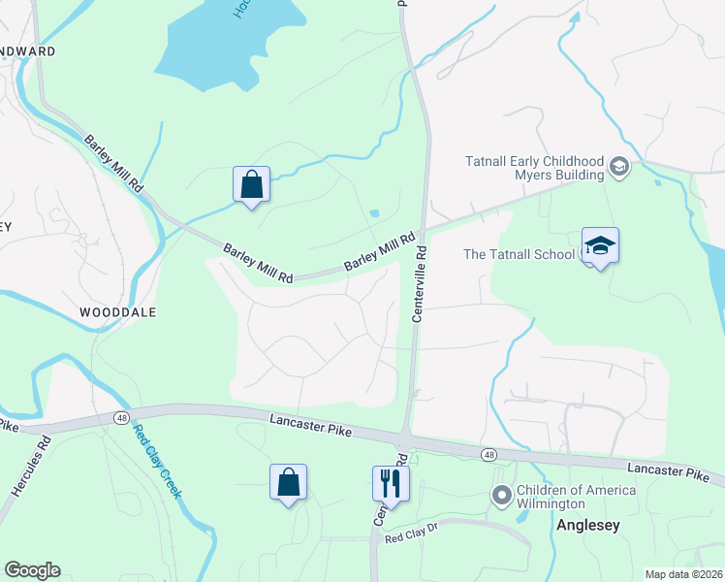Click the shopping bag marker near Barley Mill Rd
[251, 183]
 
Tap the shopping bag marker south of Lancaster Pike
[289, 481]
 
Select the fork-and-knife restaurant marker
[391, 481]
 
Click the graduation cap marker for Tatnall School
[600, 245]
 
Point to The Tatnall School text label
[521, 254]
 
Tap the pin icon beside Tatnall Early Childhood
[618, 168]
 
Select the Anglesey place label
[587, 525]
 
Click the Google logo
[32, 570]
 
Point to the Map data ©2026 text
[683, 574]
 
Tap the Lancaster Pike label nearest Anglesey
[668, 469]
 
